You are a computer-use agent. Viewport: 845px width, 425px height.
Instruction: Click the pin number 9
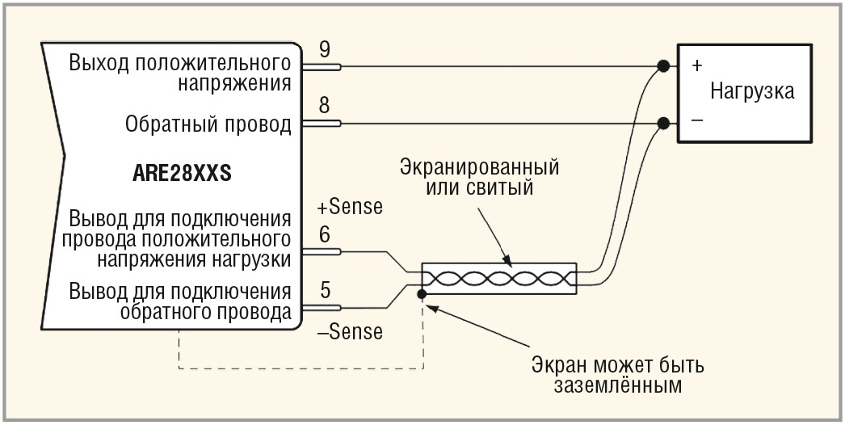(324, 49)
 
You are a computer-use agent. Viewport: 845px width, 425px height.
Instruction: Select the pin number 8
(324, 106)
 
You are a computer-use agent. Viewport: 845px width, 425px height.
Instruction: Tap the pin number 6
(324, 235)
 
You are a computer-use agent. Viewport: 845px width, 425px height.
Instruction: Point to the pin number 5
(324, 289)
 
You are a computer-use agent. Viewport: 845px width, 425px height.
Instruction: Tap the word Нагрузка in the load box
(751, 90)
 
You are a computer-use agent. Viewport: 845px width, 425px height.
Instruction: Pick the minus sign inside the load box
(696, 120)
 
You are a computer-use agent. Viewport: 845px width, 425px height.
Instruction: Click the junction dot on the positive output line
(663, 66)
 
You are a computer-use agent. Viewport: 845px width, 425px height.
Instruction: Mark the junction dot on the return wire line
(663, 124)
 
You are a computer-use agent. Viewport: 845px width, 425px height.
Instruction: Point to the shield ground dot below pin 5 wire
(421, 294)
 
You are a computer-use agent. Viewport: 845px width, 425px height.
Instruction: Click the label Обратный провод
(208, 124)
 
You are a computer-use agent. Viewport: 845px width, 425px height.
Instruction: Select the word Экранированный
(480, 169)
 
